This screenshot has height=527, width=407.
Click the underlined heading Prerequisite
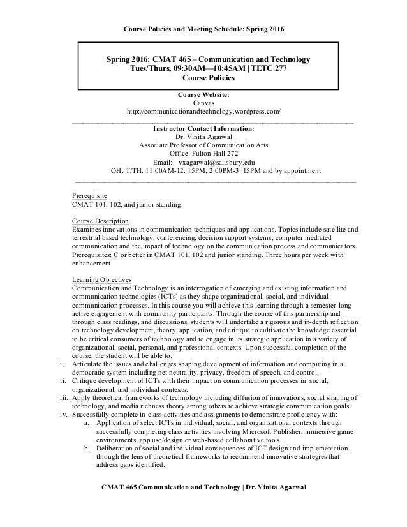tap(89, 195)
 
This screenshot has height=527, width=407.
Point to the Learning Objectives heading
tap(102, 279)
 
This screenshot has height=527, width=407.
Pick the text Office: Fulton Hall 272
tap(204, 154)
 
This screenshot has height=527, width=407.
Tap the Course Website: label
tap(204, 94)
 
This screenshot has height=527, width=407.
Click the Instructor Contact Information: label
tap(204, 127)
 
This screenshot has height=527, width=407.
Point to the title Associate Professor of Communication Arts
tap(204, 145)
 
